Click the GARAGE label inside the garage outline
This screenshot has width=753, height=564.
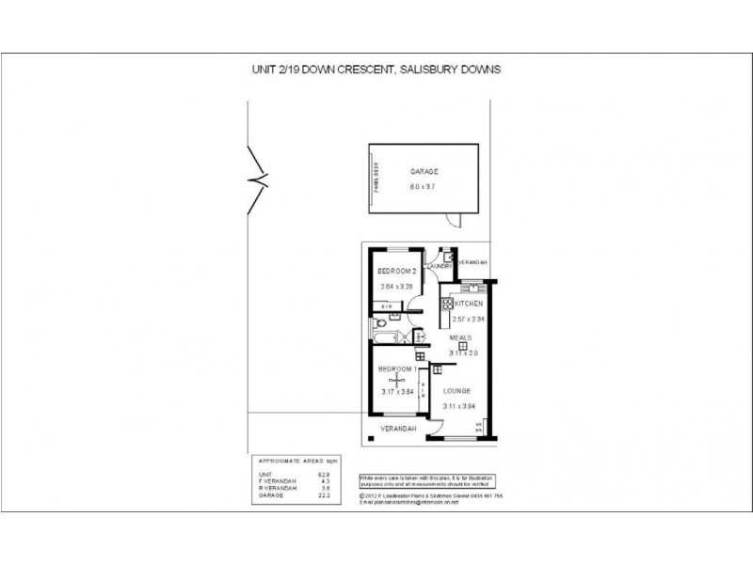(x=425, y=173)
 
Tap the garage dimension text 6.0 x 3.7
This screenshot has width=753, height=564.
(x=425, y=188)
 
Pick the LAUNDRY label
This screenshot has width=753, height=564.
(x=441, y=266)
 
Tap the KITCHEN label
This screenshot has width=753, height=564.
(x=469, y=305)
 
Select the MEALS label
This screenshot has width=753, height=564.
(x=460, y=336)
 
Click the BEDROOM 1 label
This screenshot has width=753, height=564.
(x=394, y=368)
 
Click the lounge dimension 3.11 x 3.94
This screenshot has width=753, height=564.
(x=459, y=406)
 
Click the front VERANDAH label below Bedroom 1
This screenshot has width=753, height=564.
(x=397, y=429)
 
